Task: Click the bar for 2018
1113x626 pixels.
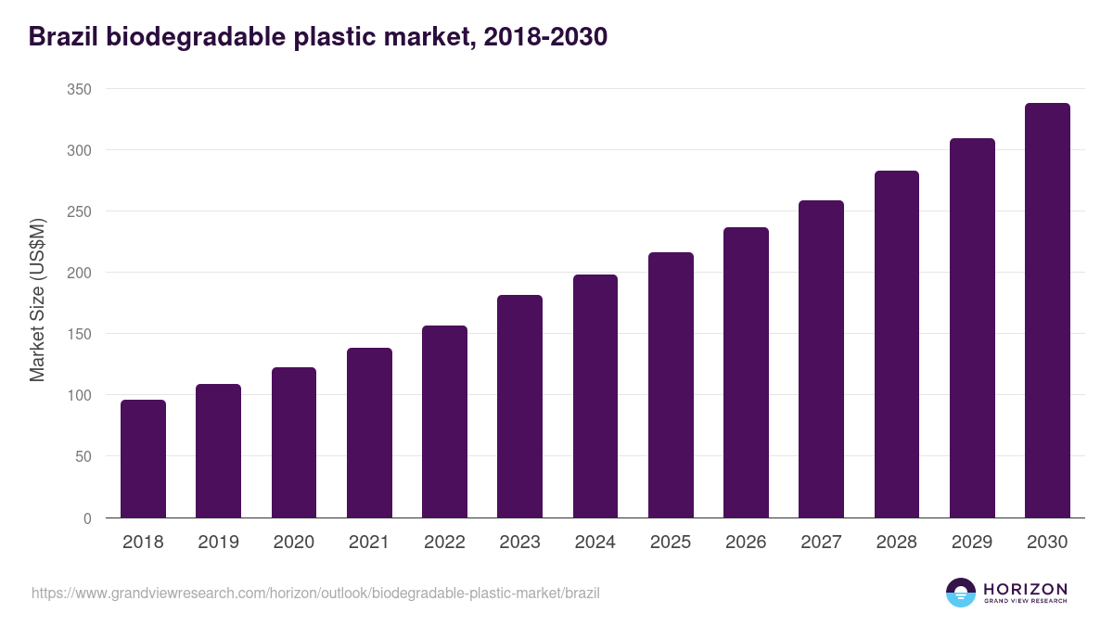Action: coord(143,459)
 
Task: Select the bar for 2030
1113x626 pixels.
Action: coord(1047,311)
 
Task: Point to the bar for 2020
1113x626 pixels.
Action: coord(294,442)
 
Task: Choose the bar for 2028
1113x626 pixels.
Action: coord(897,344)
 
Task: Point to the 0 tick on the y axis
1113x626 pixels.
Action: coord(87,518)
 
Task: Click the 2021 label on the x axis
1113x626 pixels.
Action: coord(369,543)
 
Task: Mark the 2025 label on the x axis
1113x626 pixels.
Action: coord(671,543)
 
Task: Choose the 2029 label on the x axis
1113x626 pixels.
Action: coord(972,543)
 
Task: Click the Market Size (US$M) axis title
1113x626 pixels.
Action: coord(37,300)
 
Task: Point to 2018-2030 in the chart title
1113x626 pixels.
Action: coord(552,36)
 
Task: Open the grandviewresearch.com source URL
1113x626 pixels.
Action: coord(315,593)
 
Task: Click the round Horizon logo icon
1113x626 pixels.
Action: coord(961,593)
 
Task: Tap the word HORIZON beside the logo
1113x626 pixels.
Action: coord(1025,589)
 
